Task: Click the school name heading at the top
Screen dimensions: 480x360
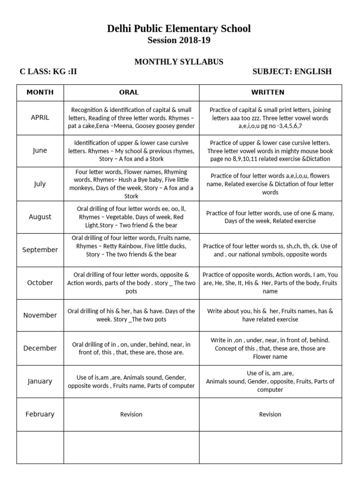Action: tap(179, 29)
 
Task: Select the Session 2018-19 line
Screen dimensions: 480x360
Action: tap(179, 40)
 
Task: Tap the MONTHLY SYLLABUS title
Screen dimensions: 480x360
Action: tap(179, 61)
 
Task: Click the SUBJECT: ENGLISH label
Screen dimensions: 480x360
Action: tap(292, 71)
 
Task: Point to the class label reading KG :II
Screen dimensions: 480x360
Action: tap(48, 71)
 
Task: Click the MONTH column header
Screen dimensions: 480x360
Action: tap(40, 92)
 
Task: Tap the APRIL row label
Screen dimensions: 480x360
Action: tap(40, 117)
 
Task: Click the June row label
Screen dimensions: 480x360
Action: tap(40, 150)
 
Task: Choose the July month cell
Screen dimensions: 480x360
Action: tap(40, 184)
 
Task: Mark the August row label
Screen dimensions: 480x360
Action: tap(40, 217)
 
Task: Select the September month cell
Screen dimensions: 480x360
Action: tap(40, 249)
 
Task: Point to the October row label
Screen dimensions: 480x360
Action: tap(40, 283)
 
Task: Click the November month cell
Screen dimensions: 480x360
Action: tap(40, 315)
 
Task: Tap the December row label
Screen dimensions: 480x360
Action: tap(40, 348)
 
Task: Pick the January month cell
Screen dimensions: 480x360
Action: tap(40, 381)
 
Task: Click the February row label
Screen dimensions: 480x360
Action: tap(40, 414)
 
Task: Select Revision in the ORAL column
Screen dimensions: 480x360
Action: tap(131, 414)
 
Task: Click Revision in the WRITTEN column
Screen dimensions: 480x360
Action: tap(270, 414)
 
